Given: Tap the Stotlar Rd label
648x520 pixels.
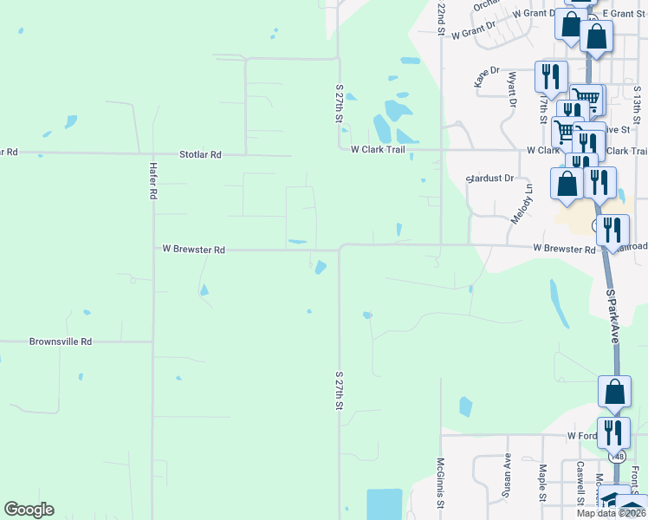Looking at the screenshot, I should coord(200,154).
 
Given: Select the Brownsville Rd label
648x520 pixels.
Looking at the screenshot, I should coord(60,341).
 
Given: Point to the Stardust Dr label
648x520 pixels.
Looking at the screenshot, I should coord(490,179).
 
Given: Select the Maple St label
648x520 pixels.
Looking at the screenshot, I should coord(542,483).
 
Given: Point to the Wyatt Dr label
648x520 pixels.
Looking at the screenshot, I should coord(512,90).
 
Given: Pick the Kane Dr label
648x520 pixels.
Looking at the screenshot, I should coord(488,76).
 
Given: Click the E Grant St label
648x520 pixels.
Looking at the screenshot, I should coord(619,13).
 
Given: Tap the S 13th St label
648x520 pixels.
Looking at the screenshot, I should coord(637,101).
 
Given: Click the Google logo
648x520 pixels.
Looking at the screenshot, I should coord(29,510).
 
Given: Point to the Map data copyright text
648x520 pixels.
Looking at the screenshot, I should coord(612,513).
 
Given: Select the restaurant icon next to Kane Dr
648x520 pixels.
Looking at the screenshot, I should coord(550,76).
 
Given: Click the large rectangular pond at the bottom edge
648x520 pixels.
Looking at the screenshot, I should coord(384,504).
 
